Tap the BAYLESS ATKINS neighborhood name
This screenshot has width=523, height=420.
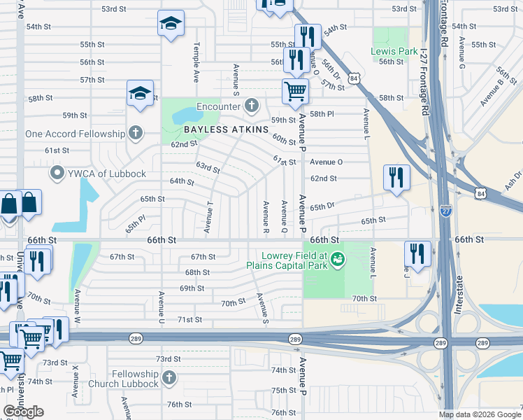point(227,130)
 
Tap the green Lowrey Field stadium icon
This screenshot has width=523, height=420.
point(338,260)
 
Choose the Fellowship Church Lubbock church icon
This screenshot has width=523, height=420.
point(168,379)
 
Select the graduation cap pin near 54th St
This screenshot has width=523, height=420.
point(171,24)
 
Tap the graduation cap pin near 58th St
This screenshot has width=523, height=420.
point(140,94)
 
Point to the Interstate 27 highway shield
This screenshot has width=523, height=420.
point(446,209)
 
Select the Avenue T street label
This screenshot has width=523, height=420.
point(208,218)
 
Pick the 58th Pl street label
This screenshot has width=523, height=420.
point(322,114)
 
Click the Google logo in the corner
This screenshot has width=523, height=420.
point(24,412)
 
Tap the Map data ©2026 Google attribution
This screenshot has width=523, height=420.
point(479,414)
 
